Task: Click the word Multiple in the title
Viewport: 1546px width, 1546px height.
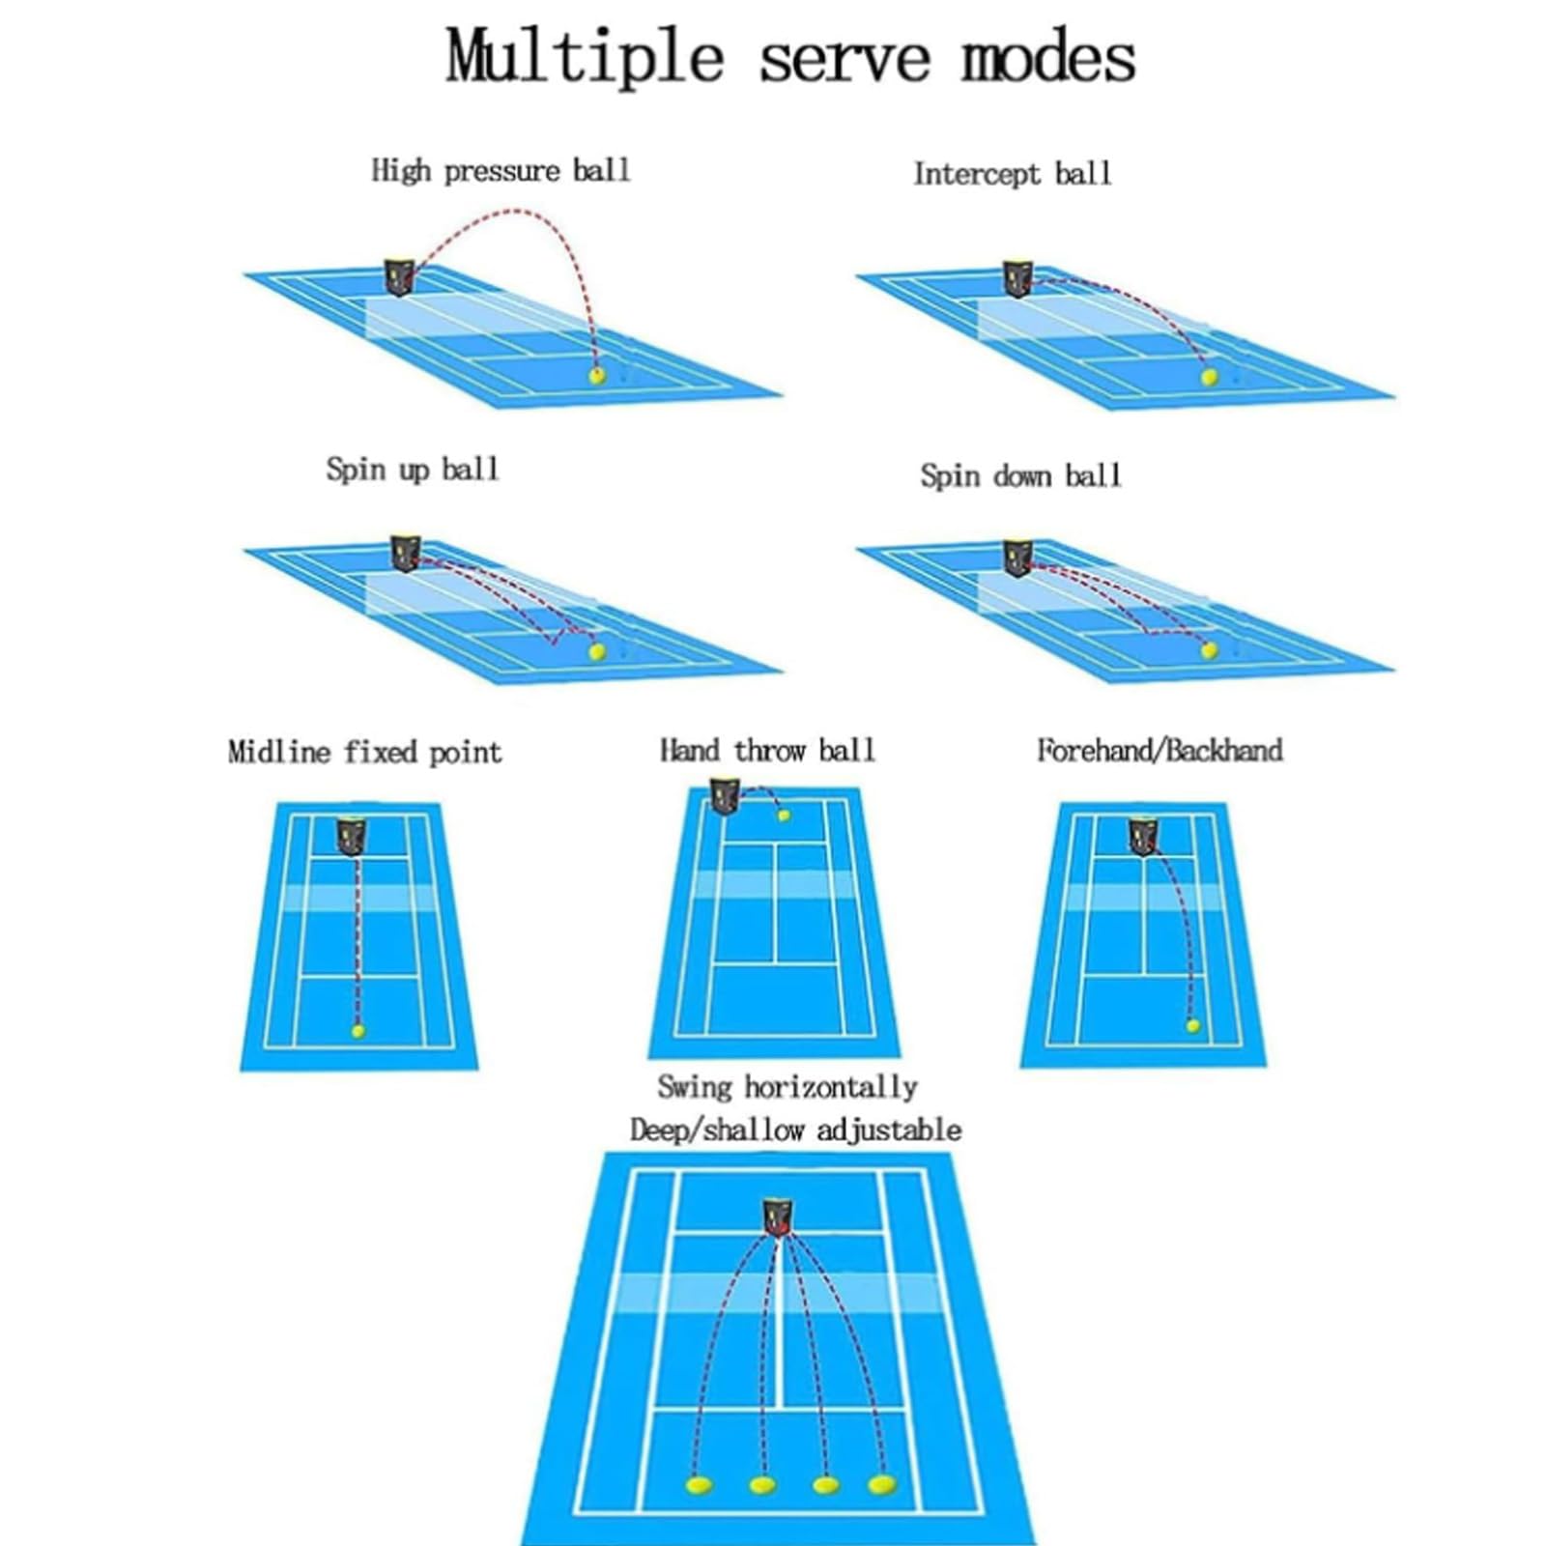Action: (x=584, y=58)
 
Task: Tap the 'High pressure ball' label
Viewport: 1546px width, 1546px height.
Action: (x=501, y=171)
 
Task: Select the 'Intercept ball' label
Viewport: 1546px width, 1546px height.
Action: (x=1012, y=174)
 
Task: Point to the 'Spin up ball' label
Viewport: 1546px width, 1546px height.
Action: (x=413, y=470)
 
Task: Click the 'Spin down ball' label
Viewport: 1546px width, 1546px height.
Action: (x=1020, y=475)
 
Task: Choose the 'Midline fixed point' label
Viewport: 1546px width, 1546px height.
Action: (x=364, y=752)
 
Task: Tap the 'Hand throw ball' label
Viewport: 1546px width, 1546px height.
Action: (x=767, y=750)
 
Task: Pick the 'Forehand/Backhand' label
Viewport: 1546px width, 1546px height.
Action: (x=1159, y=750)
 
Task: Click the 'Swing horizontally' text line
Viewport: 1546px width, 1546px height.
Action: (x=787, y=1087)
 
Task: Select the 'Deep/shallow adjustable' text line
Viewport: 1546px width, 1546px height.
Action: (x=795, y=1130)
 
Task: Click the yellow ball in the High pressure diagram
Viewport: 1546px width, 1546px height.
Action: (x=597, y=375)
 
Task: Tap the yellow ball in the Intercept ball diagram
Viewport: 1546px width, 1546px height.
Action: (x=1209, y=378)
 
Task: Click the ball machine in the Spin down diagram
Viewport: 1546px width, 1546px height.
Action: (x=1017, y=557)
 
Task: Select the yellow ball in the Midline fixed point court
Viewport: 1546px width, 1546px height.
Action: (x=358, y=1031)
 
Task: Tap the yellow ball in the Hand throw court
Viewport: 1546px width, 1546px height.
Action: (x=784, y=816)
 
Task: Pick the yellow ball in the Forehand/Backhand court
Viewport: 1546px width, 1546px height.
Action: (x=1192, y=1025)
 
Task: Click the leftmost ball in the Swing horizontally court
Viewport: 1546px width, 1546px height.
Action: (x=699, y=1484)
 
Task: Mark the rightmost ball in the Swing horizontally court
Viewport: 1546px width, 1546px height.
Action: (x=881, y=1483)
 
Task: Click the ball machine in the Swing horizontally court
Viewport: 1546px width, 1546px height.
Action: (x=777, y=1217)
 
